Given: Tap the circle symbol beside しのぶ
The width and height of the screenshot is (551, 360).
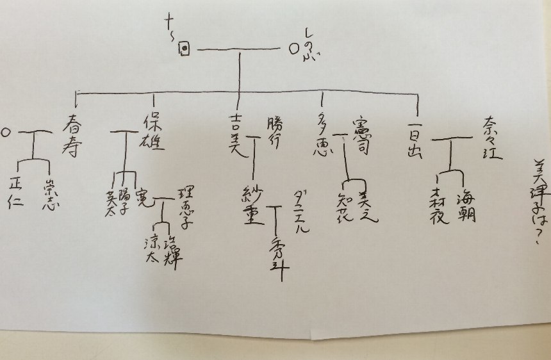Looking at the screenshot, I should (x=293, y=47).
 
